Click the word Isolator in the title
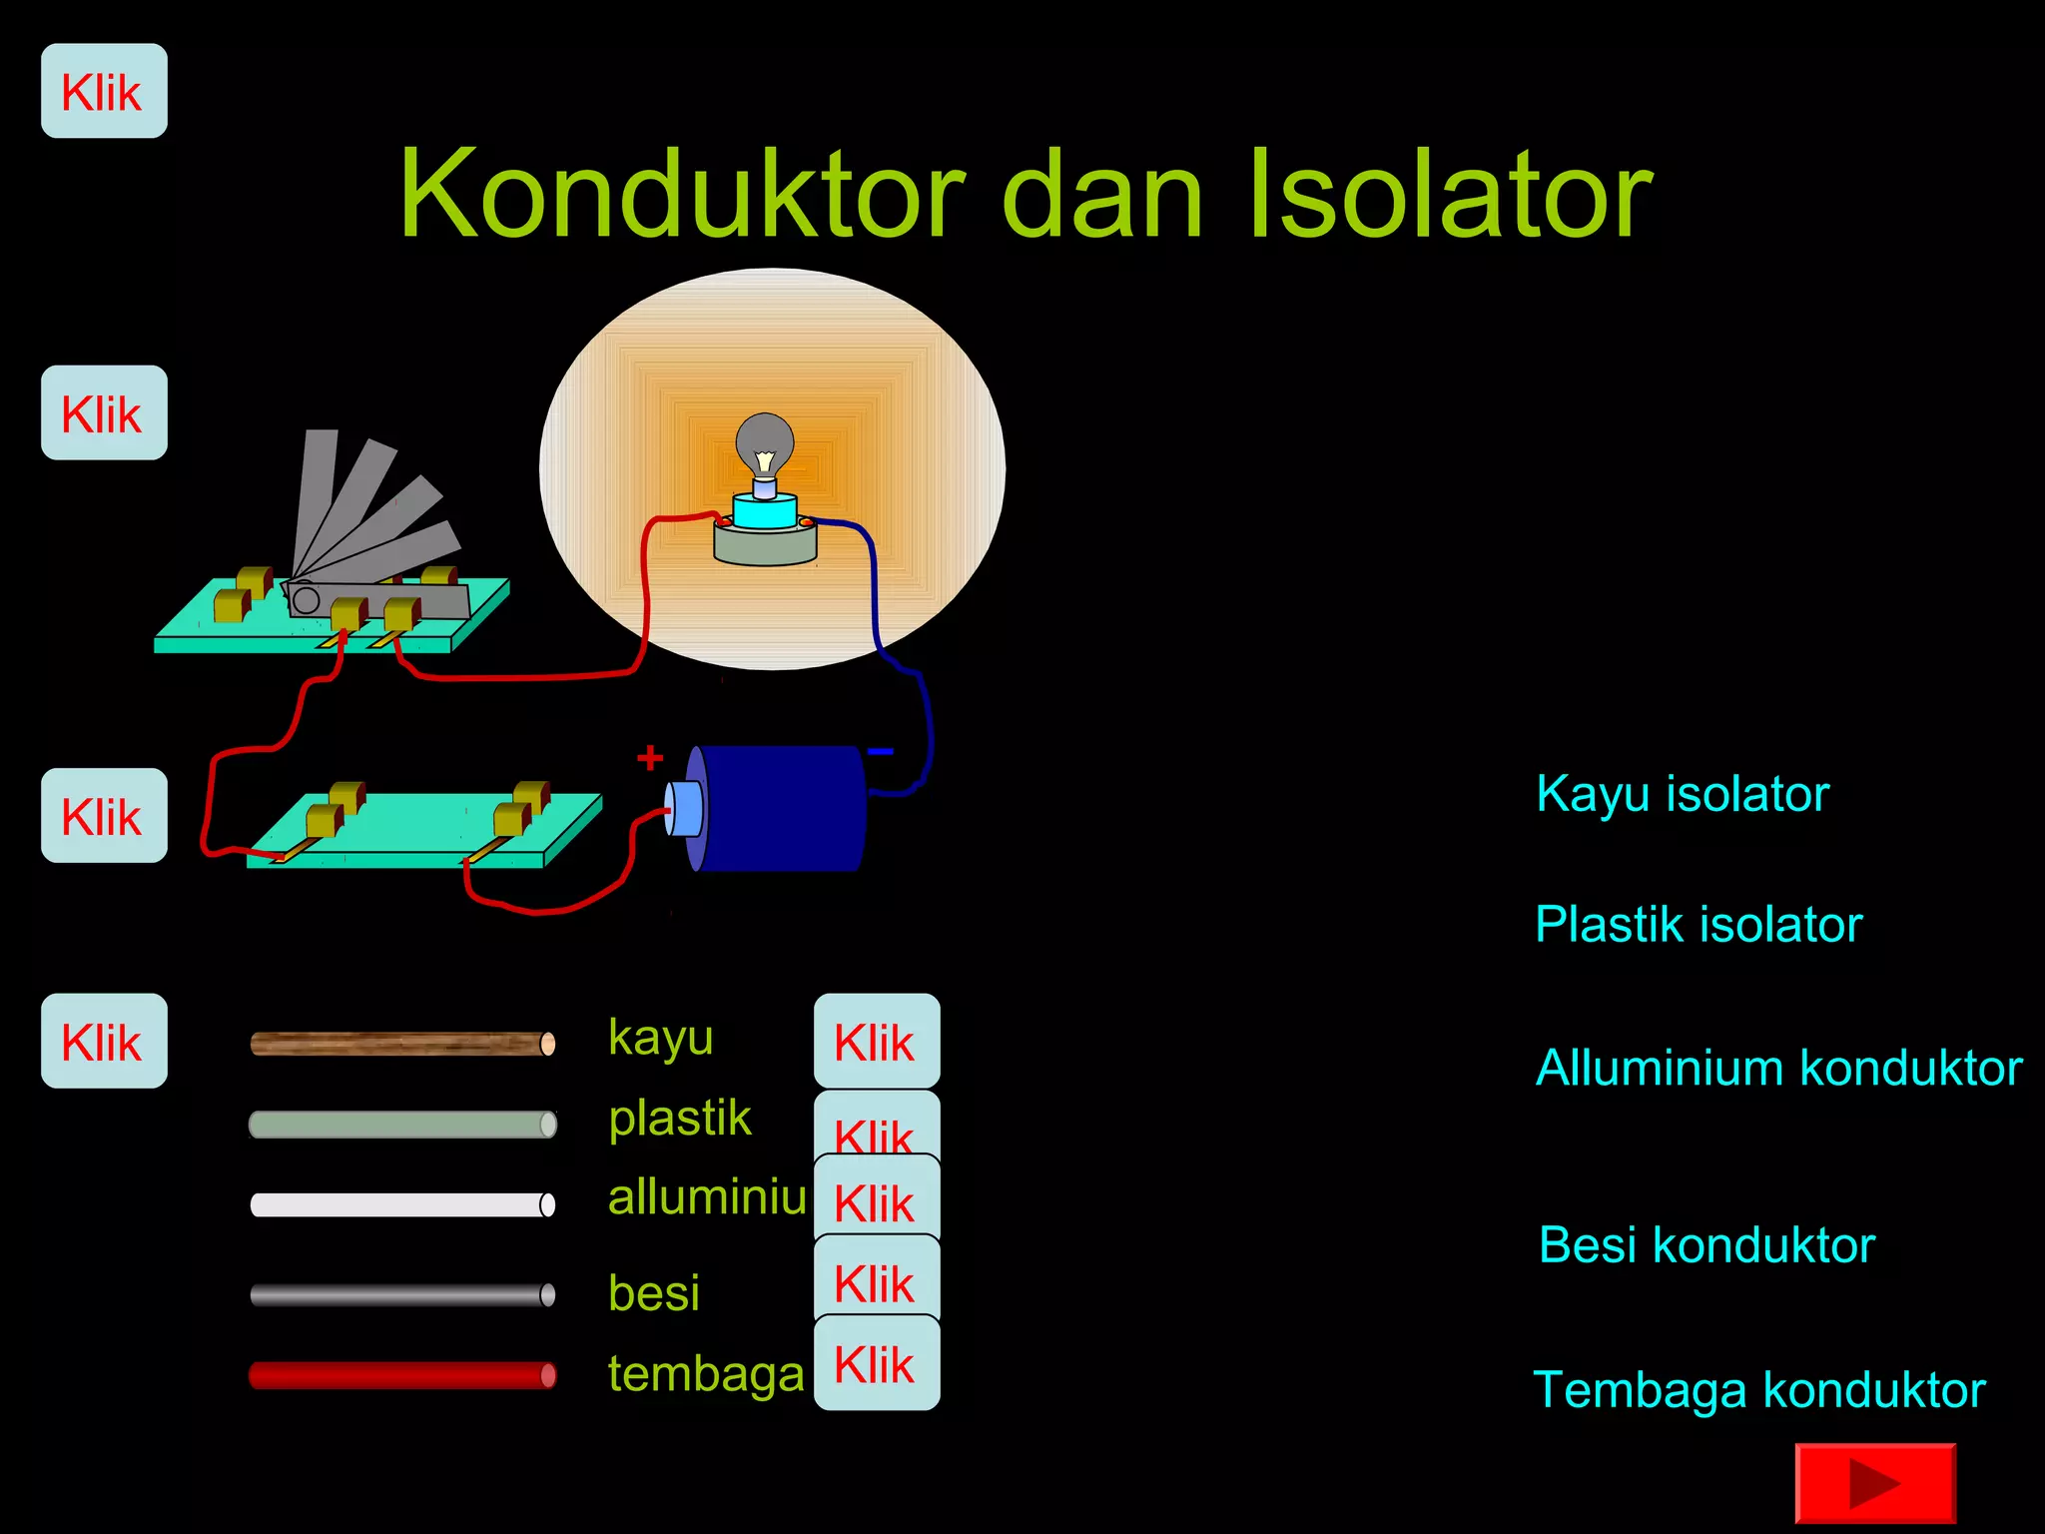pos(1450,194)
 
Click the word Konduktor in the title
pos(682,194)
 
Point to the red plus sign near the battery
pos(650,757)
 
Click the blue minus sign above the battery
pos(881,751)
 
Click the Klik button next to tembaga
pos(876,1364)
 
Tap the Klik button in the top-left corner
pos(104,92)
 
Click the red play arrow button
pos(1874,1483)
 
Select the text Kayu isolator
pos(1683,795)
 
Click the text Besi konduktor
pos(1706,1245)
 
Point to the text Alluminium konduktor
pos(1778,1068)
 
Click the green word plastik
pos(680,1118)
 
